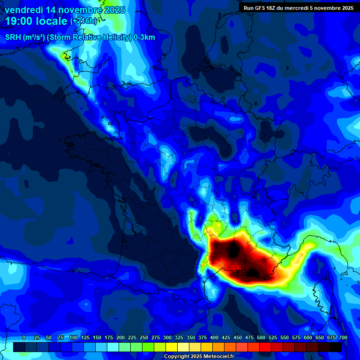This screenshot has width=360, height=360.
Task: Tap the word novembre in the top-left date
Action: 76,10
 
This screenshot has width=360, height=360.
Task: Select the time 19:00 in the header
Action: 19,21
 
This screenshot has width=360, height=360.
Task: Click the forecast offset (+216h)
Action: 83,22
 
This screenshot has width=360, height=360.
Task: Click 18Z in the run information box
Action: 273,8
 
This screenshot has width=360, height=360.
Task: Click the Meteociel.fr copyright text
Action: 199,356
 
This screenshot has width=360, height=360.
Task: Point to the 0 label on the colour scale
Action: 24,338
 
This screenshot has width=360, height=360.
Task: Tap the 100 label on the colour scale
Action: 74,338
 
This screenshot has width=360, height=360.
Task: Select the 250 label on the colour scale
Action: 144,338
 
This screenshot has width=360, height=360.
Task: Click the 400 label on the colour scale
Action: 214,338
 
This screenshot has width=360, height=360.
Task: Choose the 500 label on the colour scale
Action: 261,338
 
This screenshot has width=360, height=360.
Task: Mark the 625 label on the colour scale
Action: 320,338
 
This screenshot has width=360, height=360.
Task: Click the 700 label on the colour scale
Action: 343,338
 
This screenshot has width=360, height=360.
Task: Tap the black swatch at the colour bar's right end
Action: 335,347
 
